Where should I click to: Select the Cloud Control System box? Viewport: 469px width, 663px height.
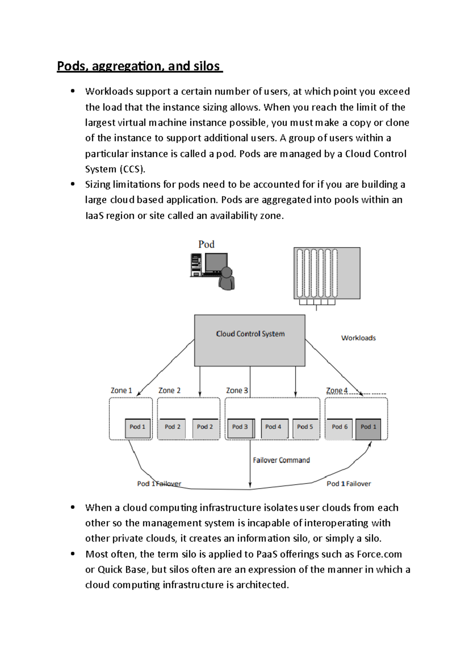tap(250, 340)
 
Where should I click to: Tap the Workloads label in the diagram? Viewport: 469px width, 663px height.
tap(358, 338)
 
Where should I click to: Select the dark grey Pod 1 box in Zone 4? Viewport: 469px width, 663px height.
tap(368, 428)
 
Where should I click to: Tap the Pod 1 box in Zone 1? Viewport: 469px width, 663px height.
tap(138, 428)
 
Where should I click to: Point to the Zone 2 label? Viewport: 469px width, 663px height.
tap(169, 390)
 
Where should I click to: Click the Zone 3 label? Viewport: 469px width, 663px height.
tap(236, 390)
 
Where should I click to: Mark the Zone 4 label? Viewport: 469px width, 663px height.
tap(337, 390)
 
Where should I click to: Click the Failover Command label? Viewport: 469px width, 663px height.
tap(281, 460)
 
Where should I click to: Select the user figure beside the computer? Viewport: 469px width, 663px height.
tap(227, 279)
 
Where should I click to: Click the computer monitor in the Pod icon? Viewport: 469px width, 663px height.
tap(216, 263)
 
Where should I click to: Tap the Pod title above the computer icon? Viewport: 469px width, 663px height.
tap(206, 244)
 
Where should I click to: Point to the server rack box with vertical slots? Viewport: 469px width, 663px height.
tap(327, 273)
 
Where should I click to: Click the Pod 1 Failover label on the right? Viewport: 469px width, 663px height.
tap(349, 484)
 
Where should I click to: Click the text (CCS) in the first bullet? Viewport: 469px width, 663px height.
tap(132, 169)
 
